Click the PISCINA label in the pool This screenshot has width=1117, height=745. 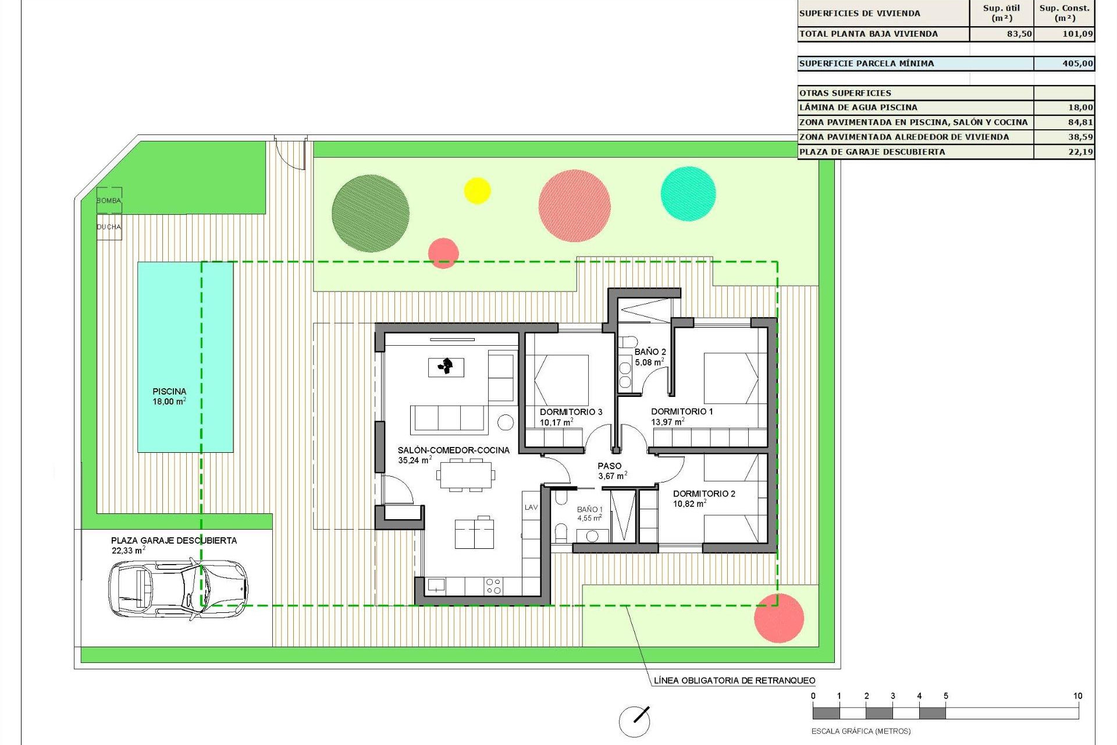169,392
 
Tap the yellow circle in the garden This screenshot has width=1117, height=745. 477,190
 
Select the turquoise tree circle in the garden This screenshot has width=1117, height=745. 688,194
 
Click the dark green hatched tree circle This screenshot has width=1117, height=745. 371,214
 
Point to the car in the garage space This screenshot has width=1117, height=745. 177,588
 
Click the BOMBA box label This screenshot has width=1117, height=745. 109,201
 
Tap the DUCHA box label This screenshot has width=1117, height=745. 109,227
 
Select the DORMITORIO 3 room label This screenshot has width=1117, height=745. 571,412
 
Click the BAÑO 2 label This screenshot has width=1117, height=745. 650,352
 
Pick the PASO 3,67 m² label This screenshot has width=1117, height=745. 610,470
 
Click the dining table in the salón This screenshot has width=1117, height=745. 465,475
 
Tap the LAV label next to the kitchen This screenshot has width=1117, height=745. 531,508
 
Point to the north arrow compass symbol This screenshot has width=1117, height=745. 634,721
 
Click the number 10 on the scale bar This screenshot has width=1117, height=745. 1077,696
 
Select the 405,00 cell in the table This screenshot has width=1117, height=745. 1077,63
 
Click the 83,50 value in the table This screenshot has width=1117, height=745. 1019,34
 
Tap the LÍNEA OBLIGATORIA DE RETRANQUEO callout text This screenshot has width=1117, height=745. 734,680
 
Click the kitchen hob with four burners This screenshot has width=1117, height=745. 493,586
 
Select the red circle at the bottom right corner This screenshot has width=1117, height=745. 779,618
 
